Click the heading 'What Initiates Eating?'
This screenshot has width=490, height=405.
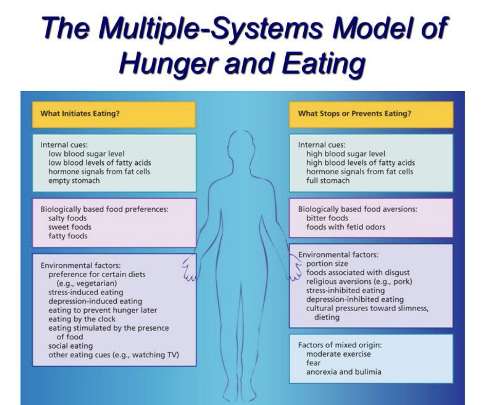click(x=80, y=113)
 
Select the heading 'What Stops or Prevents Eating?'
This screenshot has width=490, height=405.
click(x=354, y=113)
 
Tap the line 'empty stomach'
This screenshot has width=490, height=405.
click(x=74, y=180)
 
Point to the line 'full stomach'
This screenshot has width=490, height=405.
click(x=328, y=180)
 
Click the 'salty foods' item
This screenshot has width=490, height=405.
click(x=67, y=218)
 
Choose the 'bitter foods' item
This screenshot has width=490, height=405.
click(x=327, y=218)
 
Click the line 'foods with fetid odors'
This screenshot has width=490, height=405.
click(x=345, y=227)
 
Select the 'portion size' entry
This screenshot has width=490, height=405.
click(x=327, y=263)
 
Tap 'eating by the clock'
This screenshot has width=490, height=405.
click(x=82, y=319)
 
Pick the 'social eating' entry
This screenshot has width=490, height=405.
click(x=70, y=346)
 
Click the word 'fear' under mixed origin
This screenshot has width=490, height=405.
click(x=313, y=363)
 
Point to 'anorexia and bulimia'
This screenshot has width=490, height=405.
click(x=343, y=372)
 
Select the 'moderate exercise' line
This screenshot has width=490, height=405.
click(x=338, y=354)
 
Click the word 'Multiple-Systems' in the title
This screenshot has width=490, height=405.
click(x=211, y=28)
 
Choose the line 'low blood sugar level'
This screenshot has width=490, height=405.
click(x=86, y=154)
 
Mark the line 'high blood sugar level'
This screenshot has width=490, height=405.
click(x=345, y=154)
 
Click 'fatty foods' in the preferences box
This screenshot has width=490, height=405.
click(x=68, y=236)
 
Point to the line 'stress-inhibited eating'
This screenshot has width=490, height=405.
click(x=345, y=290)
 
